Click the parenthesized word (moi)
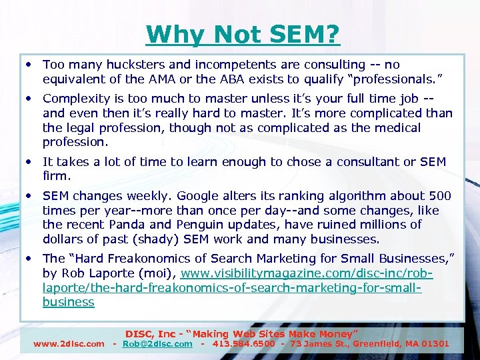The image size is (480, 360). [x=155, y=273]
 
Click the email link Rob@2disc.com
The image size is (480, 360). [x=157, y=344]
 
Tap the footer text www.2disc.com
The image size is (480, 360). [x=69, y=344]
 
